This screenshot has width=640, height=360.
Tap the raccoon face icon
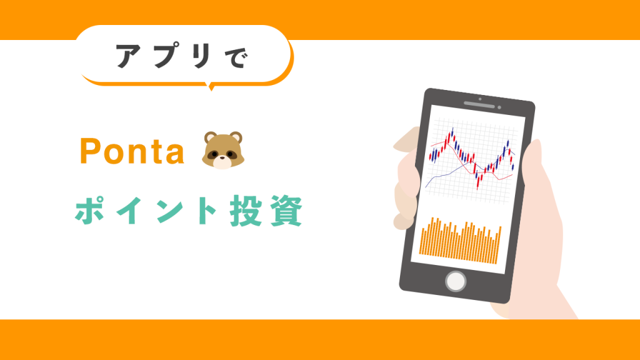221,151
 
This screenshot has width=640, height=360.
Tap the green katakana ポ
91,212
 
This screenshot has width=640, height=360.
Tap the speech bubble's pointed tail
210,86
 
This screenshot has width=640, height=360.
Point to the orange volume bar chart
461,241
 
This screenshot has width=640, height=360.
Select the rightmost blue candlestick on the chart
512,165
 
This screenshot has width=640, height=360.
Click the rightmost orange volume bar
499,244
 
